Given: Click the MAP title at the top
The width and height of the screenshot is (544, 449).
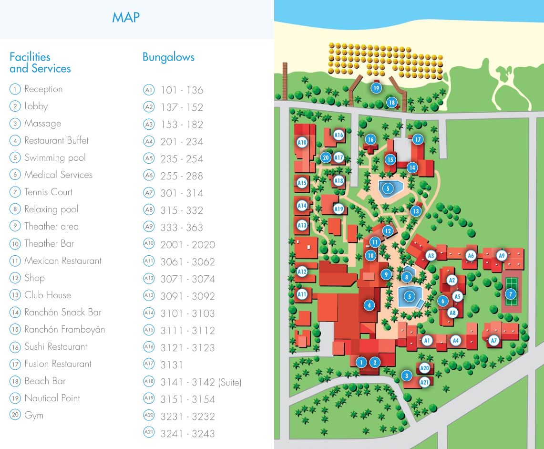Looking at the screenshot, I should click(x=125, y=18).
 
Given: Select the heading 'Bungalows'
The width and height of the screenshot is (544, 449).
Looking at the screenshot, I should click(x=168, y=57).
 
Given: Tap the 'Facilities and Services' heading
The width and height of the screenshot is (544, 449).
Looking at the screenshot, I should click(x=40, y=63).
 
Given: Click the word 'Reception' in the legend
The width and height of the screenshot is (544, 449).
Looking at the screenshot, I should click(x=43, y=89).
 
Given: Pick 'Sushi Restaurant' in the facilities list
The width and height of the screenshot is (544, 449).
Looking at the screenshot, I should click(x=56, y=347).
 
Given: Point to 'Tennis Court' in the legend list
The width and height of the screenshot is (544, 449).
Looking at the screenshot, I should click(x=48, y=192).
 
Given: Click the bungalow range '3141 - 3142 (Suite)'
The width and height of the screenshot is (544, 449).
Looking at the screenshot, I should click(x=201, y=382).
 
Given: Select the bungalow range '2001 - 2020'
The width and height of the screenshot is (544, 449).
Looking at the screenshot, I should click(x=187, y=245).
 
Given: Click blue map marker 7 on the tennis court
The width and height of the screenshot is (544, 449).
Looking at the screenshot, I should click(x=510, y=294).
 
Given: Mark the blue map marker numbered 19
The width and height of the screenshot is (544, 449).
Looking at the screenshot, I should click(x=376, y=88).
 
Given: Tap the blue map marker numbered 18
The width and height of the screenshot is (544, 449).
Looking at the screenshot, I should click(x=391, y=103).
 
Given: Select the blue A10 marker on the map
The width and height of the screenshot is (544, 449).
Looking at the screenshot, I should click(x=302, y=142).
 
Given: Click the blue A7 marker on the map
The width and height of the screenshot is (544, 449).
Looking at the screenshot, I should click(x=494, y=341).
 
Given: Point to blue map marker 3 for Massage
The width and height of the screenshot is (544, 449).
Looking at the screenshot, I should click(x=406, y=376).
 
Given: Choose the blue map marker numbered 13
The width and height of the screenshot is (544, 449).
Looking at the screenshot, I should click(x=416, y=211).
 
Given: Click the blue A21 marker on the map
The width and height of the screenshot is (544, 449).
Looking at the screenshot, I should click(x=424, y=382).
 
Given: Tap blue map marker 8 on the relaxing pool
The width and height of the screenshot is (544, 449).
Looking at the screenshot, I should click(x=406, y=277).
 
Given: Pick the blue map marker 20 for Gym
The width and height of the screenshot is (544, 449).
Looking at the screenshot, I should click(x=326, y=157).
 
